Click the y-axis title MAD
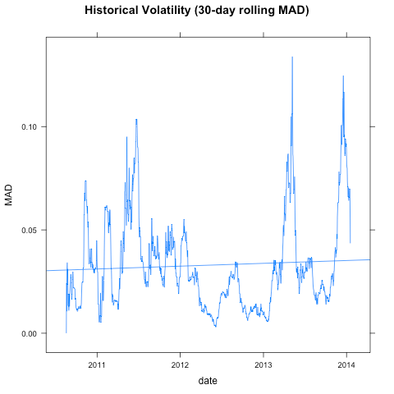click(x=9, y=195)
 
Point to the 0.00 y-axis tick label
click(x=29, y=333)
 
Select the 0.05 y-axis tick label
click(x=29, y=230)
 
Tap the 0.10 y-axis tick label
click(x=29, y=126)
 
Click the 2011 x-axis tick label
click(x=98, y=364)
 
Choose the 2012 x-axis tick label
click(x=181, y=364)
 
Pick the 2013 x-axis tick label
click(x=263, y=364)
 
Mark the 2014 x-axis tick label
click(x=346, y=364)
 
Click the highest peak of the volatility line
click(x=292, y=57)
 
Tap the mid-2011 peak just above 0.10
click(x=136, y=119)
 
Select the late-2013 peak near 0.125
click(x=343, y=76)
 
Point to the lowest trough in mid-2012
click(x=215, y=327)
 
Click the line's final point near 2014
click(x=350, y=242)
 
